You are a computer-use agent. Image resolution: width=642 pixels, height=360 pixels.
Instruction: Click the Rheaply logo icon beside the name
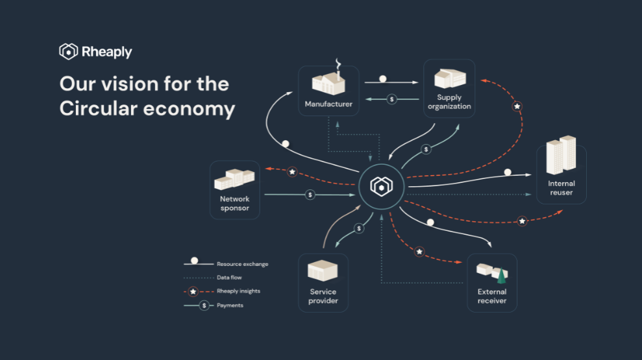click(68, 51)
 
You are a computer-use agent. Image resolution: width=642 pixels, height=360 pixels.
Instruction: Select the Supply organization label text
click(449, 102)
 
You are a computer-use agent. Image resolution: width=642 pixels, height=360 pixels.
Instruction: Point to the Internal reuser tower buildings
click(560, 156)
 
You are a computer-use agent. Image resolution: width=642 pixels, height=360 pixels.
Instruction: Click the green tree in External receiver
click(501, 276)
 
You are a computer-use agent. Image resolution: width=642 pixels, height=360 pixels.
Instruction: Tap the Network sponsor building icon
click(234, 179)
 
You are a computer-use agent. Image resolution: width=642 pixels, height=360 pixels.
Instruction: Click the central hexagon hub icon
click(382, 187)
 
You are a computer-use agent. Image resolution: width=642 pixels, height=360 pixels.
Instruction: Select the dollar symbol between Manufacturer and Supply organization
click(391, 99)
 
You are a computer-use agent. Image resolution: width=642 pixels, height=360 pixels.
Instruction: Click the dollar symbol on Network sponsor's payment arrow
click(310, 195)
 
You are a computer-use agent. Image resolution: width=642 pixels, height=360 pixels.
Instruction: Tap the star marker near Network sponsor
click(293, 172)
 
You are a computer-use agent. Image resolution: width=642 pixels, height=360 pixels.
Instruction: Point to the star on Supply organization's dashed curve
click(517, 106)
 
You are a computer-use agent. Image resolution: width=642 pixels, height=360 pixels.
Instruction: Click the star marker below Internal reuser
click(523, 221)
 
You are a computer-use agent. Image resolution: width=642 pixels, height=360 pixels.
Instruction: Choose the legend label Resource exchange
click(242, 264)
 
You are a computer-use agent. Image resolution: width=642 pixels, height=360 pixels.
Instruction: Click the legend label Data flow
click(228, 278)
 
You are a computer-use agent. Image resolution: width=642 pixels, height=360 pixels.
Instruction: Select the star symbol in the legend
click(193, 291)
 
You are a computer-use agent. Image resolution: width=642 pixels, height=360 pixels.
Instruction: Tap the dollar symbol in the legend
click(204, 305)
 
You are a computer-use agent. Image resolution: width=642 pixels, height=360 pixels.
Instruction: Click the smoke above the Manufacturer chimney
click(336, 64)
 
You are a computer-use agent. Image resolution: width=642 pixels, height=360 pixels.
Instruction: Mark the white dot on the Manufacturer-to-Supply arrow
click(382, 79)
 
